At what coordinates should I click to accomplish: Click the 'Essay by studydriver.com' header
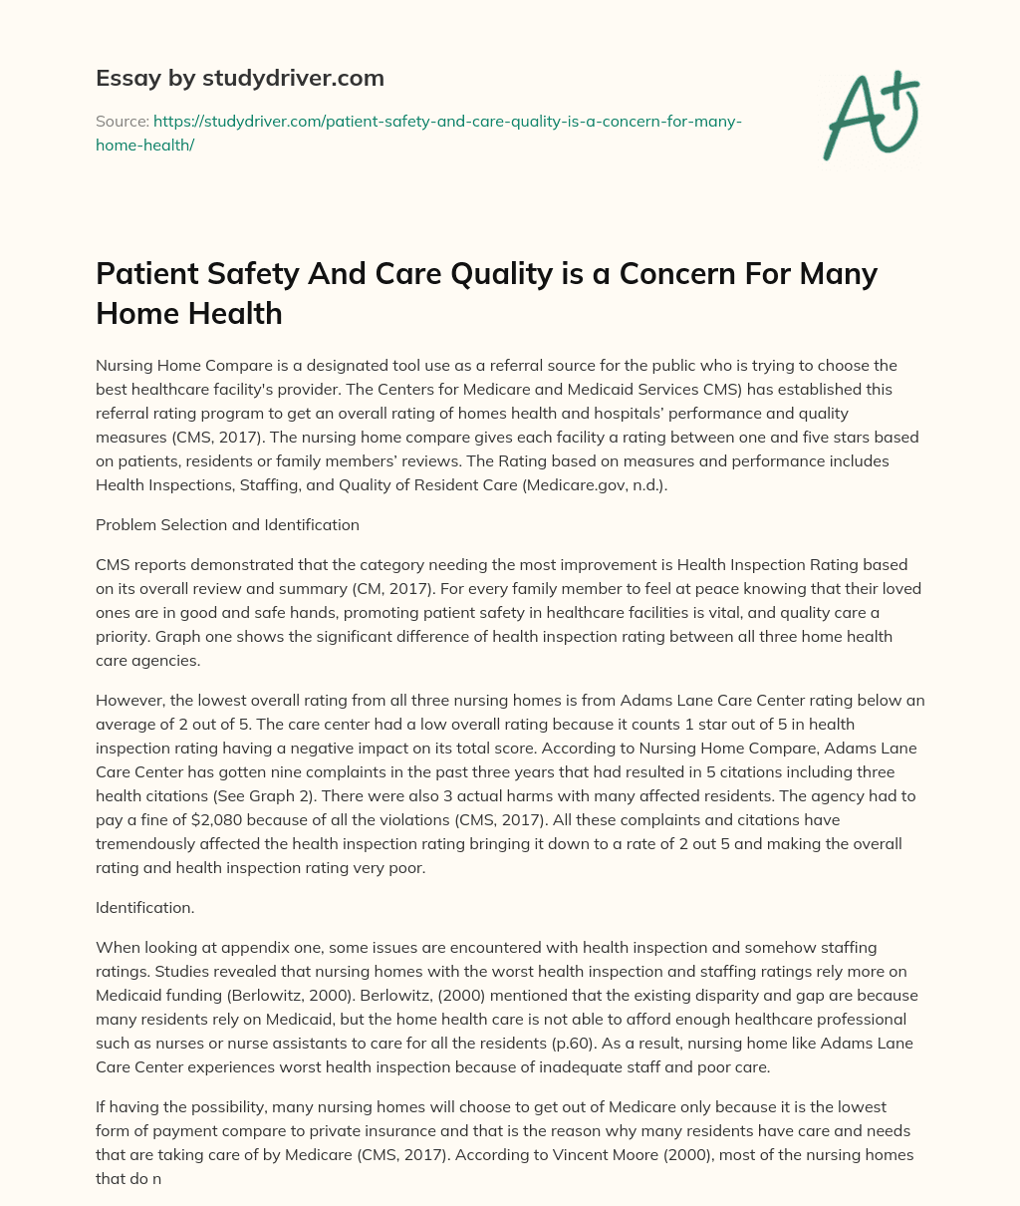239,78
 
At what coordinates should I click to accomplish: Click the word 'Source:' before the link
122,121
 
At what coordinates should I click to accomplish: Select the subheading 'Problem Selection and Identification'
227,524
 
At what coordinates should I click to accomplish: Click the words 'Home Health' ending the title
189,314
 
